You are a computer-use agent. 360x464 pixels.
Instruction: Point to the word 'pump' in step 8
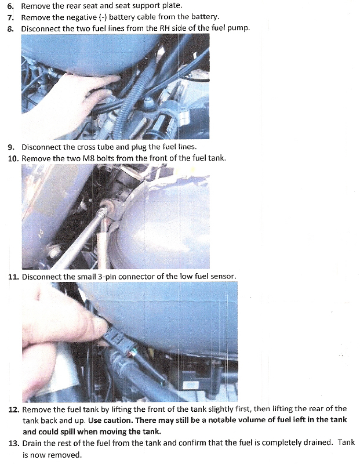238,28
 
